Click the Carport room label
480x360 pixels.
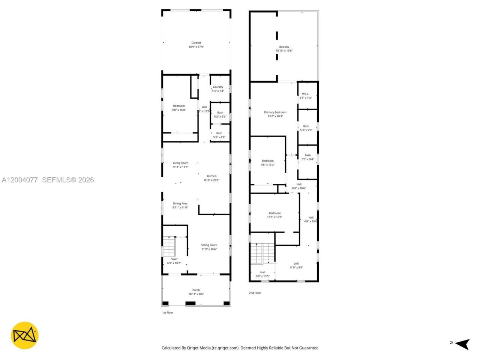pyautogui.click(x=196, y=43)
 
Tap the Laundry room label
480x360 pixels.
pyautogui.click(x=218, y=87)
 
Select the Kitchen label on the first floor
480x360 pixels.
pyautogui.click(x=212, y=176)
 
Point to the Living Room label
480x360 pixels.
pyautogui.click(x=180, y=163)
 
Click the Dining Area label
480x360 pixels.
pyautogui.click(x=180, y=204)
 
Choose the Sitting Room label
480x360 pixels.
pyautogui.click(x=209, y=245)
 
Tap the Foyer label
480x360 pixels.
pyautogui.click(x=174, y=259)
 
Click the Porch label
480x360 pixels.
pyautogui.click(x=196, y=290)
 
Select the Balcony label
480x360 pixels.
pyautogui.click(x=284, y=47)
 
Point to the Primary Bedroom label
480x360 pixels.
pyautogui.click(x=275, y=112)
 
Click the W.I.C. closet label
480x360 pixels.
pyautogui.click(x=306, y=94)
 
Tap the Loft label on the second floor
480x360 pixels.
pyautogui.click(x=296, y=264)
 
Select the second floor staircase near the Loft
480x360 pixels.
pyautogui.click(x=262, y=253)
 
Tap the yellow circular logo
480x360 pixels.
pyautogui.click(x=24, y=335)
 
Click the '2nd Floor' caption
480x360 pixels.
pyautogui.click(x=255, y=293)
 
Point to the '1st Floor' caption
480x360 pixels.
pyautogui.click(x=167, y=312)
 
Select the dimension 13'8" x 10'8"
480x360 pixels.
pyautogui.click(x=275, y=217)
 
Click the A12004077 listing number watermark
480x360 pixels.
pyautogui.click(x=20, y=180)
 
